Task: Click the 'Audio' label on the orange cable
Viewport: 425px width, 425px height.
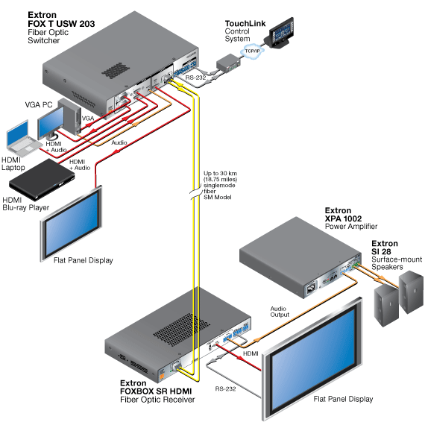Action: (119, 142)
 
